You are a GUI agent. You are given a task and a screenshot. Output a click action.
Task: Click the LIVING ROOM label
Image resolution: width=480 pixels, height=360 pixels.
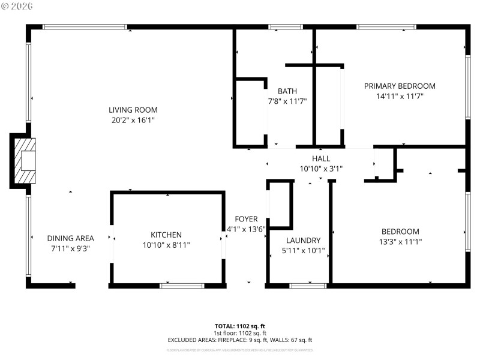(x=133, y=110)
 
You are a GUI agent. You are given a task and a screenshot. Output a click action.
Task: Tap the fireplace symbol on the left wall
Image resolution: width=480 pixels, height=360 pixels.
(x=25, y=161)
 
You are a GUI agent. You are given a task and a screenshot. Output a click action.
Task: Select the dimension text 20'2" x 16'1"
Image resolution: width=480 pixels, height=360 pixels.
(x=133, y=120)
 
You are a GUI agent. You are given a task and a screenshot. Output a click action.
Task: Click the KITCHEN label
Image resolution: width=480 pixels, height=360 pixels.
(x=166, y=235)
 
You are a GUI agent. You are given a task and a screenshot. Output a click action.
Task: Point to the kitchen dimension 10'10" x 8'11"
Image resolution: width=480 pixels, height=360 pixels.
(x=166, y=245)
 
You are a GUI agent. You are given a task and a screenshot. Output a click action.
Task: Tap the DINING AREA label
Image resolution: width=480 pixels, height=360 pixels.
(x=70, y=238)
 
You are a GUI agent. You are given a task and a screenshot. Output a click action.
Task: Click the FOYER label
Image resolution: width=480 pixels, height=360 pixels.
(x=246, y=219)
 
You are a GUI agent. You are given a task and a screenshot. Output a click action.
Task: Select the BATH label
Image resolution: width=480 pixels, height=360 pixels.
(x=287, y=91)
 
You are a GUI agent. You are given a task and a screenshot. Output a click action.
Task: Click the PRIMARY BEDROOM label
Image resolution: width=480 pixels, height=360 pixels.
(x=400, y=86)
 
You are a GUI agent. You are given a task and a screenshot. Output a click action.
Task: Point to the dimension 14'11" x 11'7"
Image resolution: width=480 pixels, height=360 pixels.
(x=400, y=96)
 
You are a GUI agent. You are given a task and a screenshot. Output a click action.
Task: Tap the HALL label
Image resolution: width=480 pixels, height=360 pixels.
(x=321, y=158)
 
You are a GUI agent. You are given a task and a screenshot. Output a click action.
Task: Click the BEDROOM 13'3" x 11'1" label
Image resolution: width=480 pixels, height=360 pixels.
(x=400, y=232)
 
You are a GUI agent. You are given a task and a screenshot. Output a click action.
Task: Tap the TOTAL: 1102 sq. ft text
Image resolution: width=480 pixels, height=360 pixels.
(x=240, y=326)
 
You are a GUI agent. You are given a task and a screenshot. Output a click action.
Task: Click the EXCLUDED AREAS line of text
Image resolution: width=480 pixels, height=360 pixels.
(x=240, y=340)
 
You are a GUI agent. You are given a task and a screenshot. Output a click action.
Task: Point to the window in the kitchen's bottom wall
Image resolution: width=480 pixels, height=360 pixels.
(x=182, y=286)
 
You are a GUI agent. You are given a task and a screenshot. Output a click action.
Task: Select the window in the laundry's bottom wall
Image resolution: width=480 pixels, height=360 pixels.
(x=308, y=286)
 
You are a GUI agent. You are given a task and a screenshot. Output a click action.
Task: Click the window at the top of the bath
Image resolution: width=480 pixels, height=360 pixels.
(x=285, y=27)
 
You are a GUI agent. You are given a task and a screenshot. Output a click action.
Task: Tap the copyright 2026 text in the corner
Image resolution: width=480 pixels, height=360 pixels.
(x=18, y=6)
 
